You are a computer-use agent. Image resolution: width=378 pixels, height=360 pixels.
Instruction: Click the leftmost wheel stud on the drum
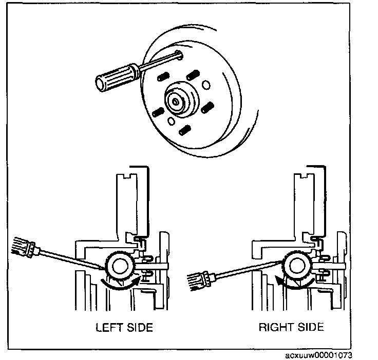158,111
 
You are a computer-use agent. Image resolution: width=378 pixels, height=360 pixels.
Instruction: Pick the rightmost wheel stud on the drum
208,107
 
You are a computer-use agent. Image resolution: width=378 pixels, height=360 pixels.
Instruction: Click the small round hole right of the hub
205,84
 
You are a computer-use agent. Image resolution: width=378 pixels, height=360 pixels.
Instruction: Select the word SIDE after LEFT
138,327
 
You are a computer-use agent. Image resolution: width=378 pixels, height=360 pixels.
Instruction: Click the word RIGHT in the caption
275,327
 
